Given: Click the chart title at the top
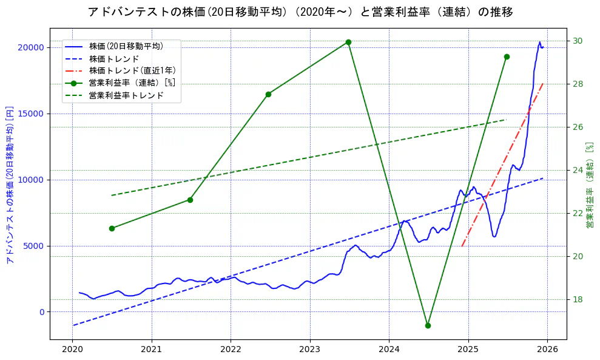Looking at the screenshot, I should pos(300,12).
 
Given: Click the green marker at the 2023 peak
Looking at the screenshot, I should pos(348,42).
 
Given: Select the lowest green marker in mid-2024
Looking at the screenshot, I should pos(428,325).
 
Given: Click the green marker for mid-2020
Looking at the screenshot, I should pos(112,228).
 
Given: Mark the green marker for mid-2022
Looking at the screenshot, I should pos(268,94).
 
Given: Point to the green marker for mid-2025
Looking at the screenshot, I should pos(507,56).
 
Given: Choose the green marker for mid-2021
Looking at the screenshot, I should pos(190,200).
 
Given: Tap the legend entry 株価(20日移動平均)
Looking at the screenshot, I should pos(126,46).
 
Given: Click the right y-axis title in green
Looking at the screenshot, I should pos(590,185).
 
